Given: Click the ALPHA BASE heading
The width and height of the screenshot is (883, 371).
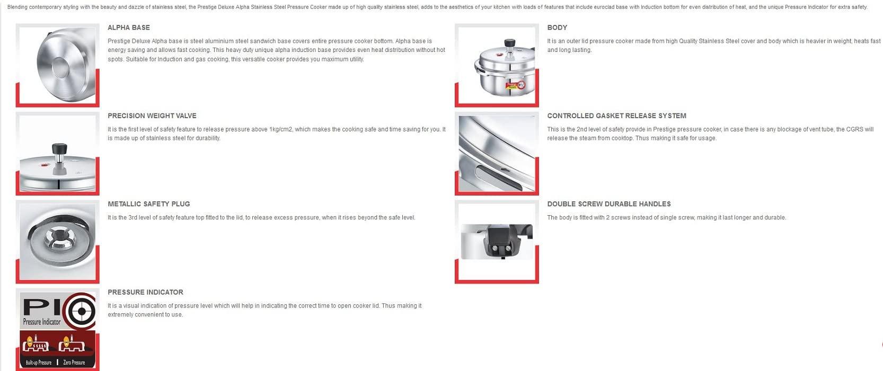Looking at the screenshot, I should pyautogui.click(x=128, y=28).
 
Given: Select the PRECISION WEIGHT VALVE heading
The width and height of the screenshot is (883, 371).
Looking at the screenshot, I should pyautogui.click(x=152, y=116).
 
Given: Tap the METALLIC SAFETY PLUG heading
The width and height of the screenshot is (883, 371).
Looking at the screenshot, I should pyautogui.click(x=148, y=204).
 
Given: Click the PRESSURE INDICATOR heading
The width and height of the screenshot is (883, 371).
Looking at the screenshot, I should pyautogui.click(x=145, y=292).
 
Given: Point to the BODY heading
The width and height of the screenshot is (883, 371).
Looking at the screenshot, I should pyautogui.click(x=557, y=28).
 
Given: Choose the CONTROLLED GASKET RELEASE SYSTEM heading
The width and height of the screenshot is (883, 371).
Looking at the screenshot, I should pyautogui.click(x=616, y=116).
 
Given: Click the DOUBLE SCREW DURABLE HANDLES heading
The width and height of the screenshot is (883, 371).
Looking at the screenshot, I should pyautogui.click(x=608, y=204).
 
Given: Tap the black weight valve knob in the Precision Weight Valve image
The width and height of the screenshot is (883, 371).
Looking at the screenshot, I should pyautogui.click(x=59, y=148).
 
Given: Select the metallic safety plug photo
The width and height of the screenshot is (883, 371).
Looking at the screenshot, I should pyautogui.click(x=57, y=241).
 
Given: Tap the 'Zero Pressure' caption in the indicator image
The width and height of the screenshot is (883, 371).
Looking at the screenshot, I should pyautogui.click(x=74, y=363).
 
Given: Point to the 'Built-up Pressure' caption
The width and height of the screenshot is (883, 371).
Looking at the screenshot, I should pyautogui.click(x=39, y=363).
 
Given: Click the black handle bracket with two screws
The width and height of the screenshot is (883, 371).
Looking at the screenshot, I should pyautogui.click(x=501, y=241).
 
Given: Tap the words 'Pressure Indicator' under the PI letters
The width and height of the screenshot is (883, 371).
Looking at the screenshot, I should pyautogui.click(x=42, y=322).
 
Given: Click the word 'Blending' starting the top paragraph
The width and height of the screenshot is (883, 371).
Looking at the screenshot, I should pyautogui.click(x=17, y=7).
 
